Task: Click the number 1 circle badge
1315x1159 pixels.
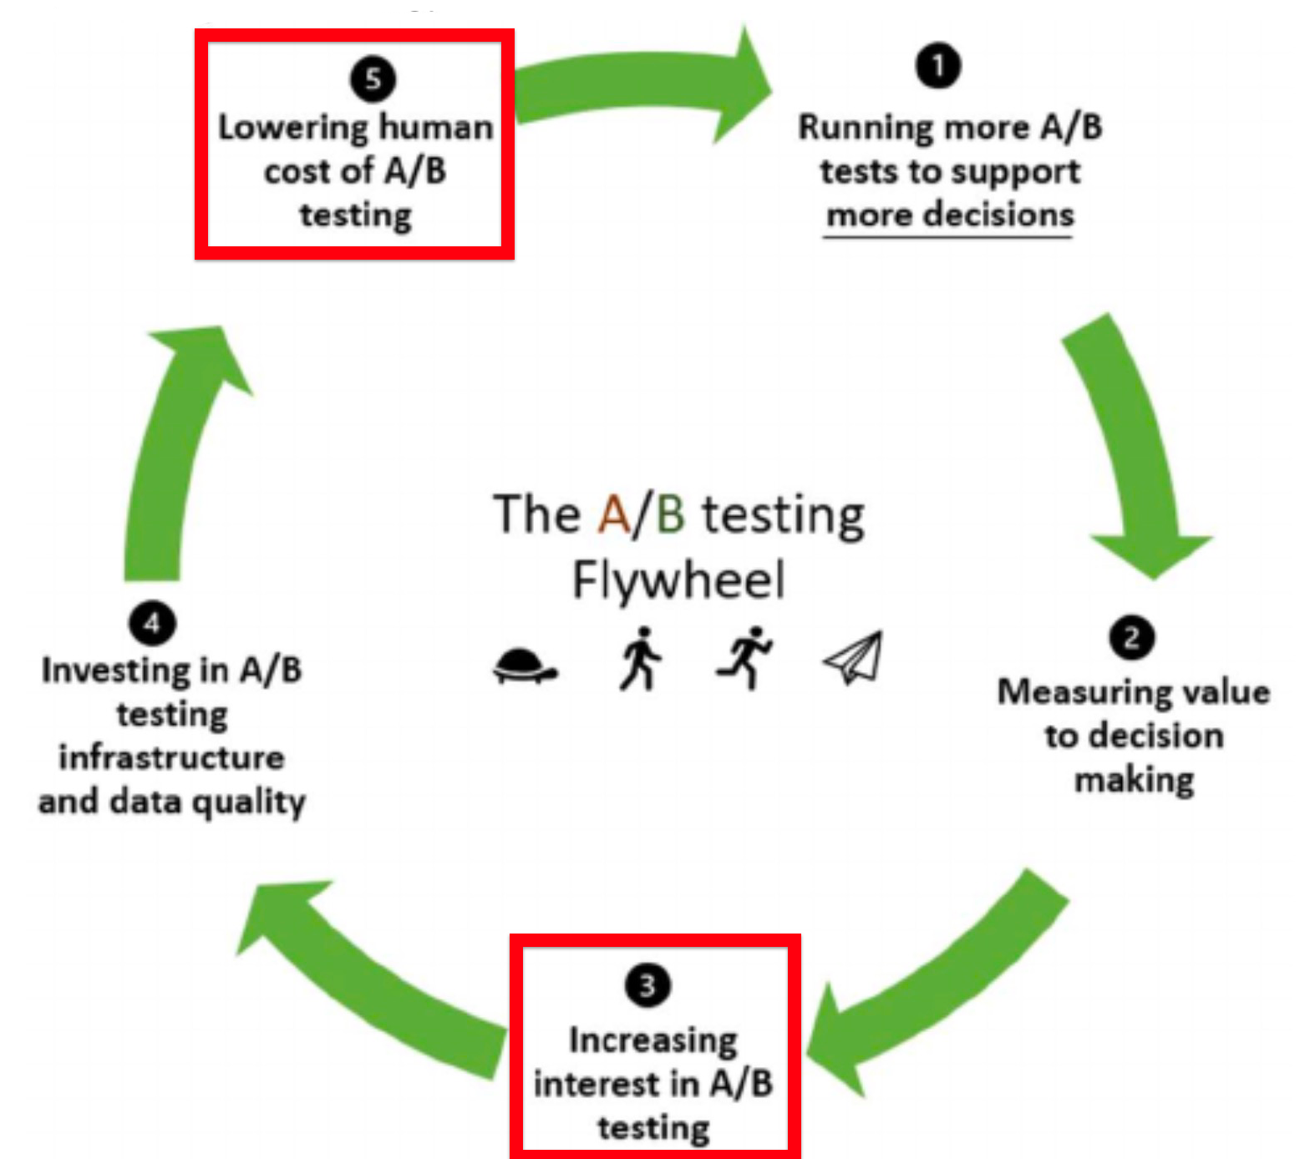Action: [x=937, y=66]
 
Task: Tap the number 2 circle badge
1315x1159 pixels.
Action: [x=1132, y=639]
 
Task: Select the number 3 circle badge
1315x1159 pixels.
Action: [x=647, y=985]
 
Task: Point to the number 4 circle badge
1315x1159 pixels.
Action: [x=152, y=623]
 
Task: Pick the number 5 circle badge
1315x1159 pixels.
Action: [x=373, y=79]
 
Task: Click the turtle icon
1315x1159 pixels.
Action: [x=524, y=666]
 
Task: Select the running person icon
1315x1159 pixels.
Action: [x=744, y=657]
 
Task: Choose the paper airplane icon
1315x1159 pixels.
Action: [x=854, y=658]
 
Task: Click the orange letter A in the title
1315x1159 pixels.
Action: [x=614, y=514]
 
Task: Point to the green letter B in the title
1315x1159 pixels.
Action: [x=670, y=514]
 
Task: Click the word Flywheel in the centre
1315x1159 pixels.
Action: [x=678, y=579]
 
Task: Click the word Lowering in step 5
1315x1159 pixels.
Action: [x=292, y=128]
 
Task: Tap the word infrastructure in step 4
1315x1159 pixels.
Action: [x=171, y=757]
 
